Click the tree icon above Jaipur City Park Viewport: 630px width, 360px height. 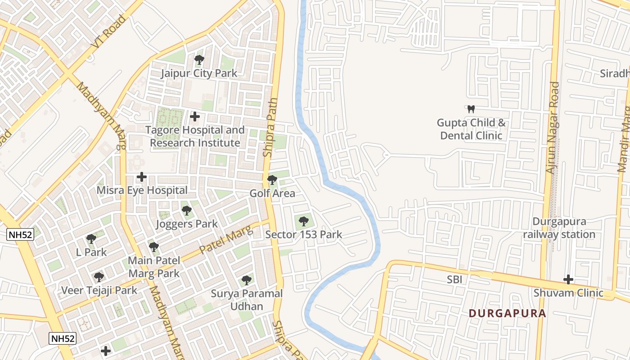pyautogui.click(x=199, y=59)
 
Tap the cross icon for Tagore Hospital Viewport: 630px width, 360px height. pyautogui.click(x=194, y=117)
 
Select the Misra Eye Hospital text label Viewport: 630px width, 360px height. pyautogui.click(x=142, y=190)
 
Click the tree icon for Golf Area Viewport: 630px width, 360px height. pyautogui.click(x=272, y=180)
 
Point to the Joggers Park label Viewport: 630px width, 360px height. pyautogui.click(x=186, y=224)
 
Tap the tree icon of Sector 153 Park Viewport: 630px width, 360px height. pyautogui.click(x=303, y=221)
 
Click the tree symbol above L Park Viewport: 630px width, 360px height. pyautogui.click(x=91, y=238)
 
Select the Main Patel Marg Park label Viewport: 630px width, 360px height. pyautogui.click(x=154, y=267)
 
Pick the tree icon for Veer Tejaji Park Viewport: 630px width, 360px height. pyautogui.click(x=99, y=277)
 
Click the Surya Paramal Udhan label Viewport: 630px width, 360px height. pyautogui.click(x=247, y=300)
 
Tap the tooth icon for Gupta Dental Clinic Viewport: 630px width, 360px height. pyautogui.click(x=471, y=109)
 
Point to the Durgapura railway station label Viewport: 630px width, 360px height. pyautogui.click(x=559, y=228)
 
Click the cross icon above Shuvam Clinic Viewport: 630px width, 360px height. pyautogui.click(x=568, y=279)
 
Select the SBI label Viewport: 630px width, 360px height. pyautogui.click(x=454, y=279)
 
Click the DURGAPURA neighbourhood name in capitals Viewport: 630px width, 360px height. pyautogui.click(x=507, y=313)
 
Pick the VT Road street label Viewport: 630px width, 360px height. pyautogui.click(x=108, y=32)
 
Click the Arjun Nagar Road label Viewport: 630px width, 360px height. pyautogui.click(x=552, y=128)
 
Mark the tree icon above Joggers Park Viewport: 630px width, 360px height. pyautogui.click(x=186, y=210)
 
